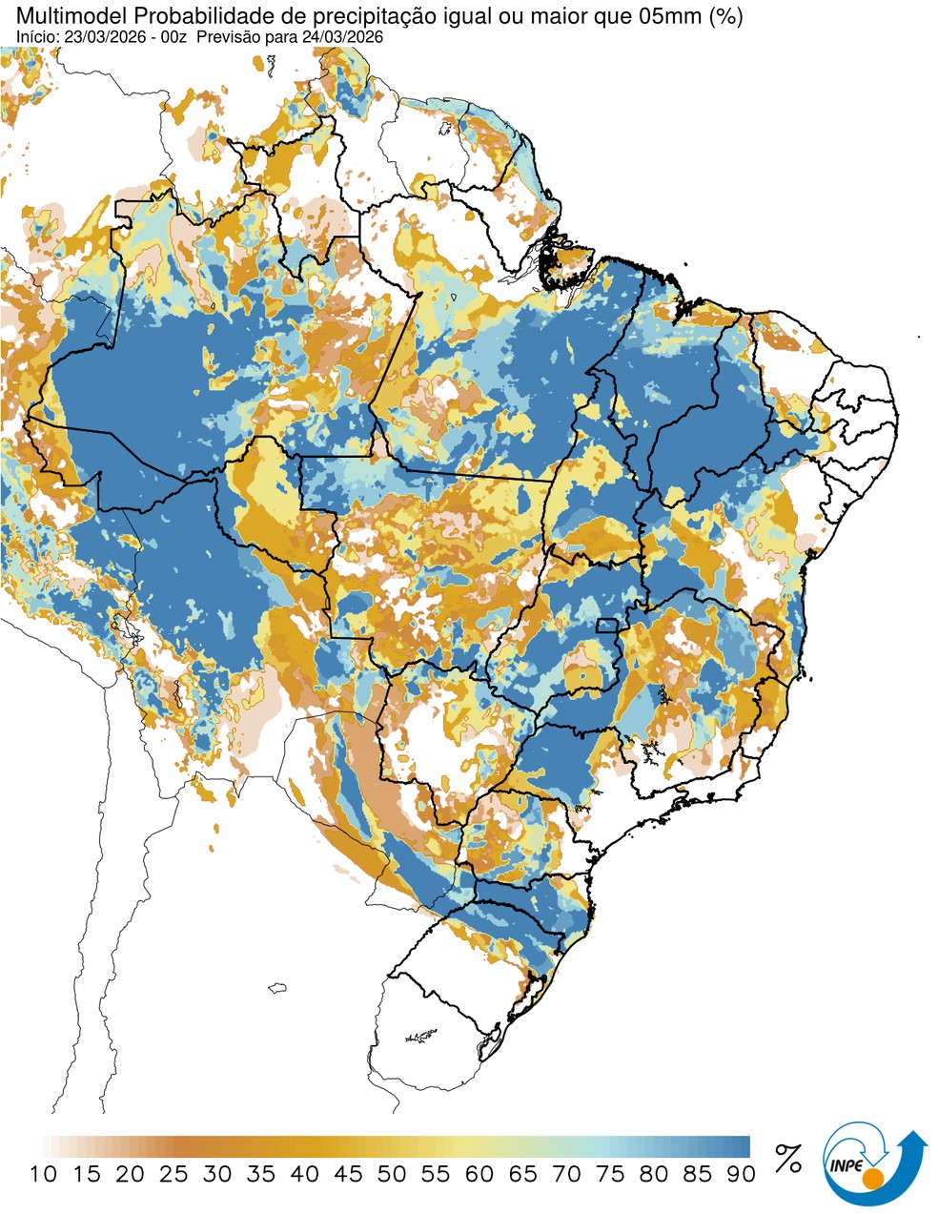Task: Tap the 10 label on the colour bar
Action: pos(43,1174)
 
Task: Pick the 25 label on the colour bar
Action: pos(173,1174)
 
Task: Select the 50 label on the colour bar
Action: pos(392,1174)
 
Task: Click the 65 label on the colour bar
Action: pos(522,1174)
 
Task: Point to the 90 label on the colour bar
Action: pos(741,1174)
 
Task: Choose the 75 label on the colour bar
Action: pos(610,1174)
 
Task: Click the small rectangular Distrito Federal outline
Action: pos(606,626)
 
